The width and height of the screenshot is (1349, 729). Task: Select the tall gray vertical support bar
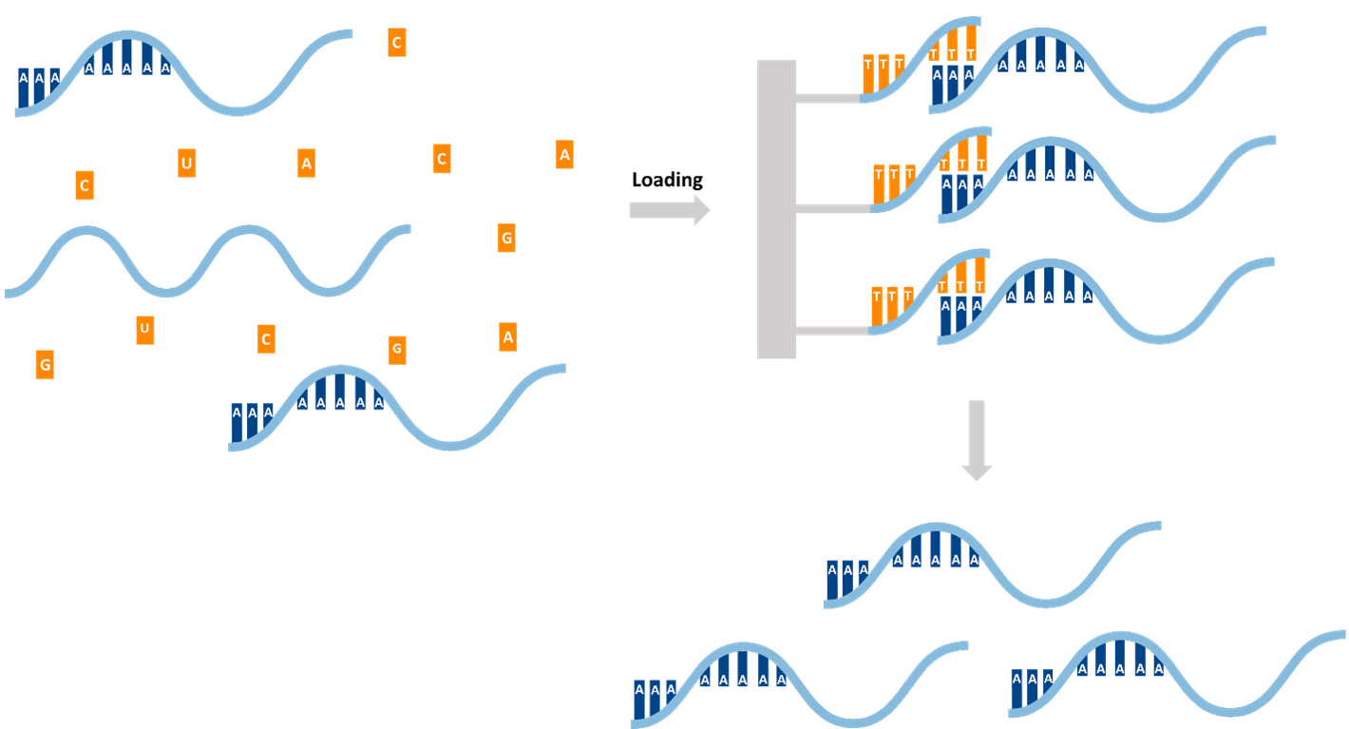pos(776,209)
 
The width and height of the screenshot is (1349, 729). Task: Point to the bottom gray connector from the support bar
pos(832,330)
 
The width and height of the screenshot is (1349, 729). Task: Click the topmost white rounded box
pos(1037,53)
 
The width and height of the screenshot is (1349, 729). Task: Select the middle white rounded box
pos(1048,163)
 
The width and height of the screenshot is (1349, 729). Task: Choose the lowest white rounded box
pos(1046,285)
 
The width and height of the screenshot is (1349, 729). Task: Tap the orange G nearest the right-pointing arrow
pos(506,238)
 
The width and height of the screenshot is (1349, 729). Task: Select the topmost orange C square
pos(397,42)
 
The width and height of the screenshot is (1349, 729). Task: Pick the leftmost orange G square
pos(45,364)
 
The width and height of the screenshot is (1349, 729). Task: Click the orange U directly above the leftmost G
pos(144,330)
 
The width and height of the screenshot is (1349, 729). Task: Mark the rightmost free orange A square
pos(564,154)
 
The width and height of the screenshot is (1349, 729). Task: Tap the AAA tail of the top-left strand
pos(38,86)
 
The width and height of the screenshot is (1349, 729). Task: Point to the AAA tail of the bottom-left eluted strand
pos(655,698)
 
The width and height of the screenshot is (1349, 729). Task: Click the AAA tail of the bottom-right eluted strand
pos(1032,687)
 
